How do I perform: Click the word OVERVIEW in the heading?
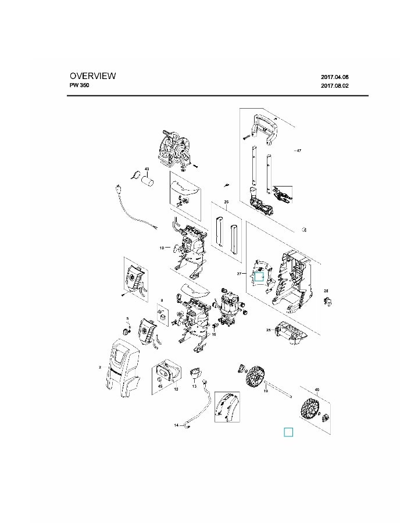point(93,76)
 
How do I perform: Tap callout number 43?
point(147,169)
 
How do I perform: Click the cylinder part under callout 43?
point(149,181)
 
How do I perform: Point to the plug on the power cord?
point(118,189)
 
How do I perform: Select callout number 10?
point(162,248)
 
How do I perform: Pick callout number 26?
point(227,202)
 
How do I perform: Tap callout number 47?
point(298,151)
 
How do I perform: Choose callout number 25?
point(269,330)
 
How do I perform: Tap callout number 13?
point(195,386)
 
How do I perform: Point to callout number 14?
point(176,425)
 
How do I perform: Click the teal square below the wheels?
point(288,432)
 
